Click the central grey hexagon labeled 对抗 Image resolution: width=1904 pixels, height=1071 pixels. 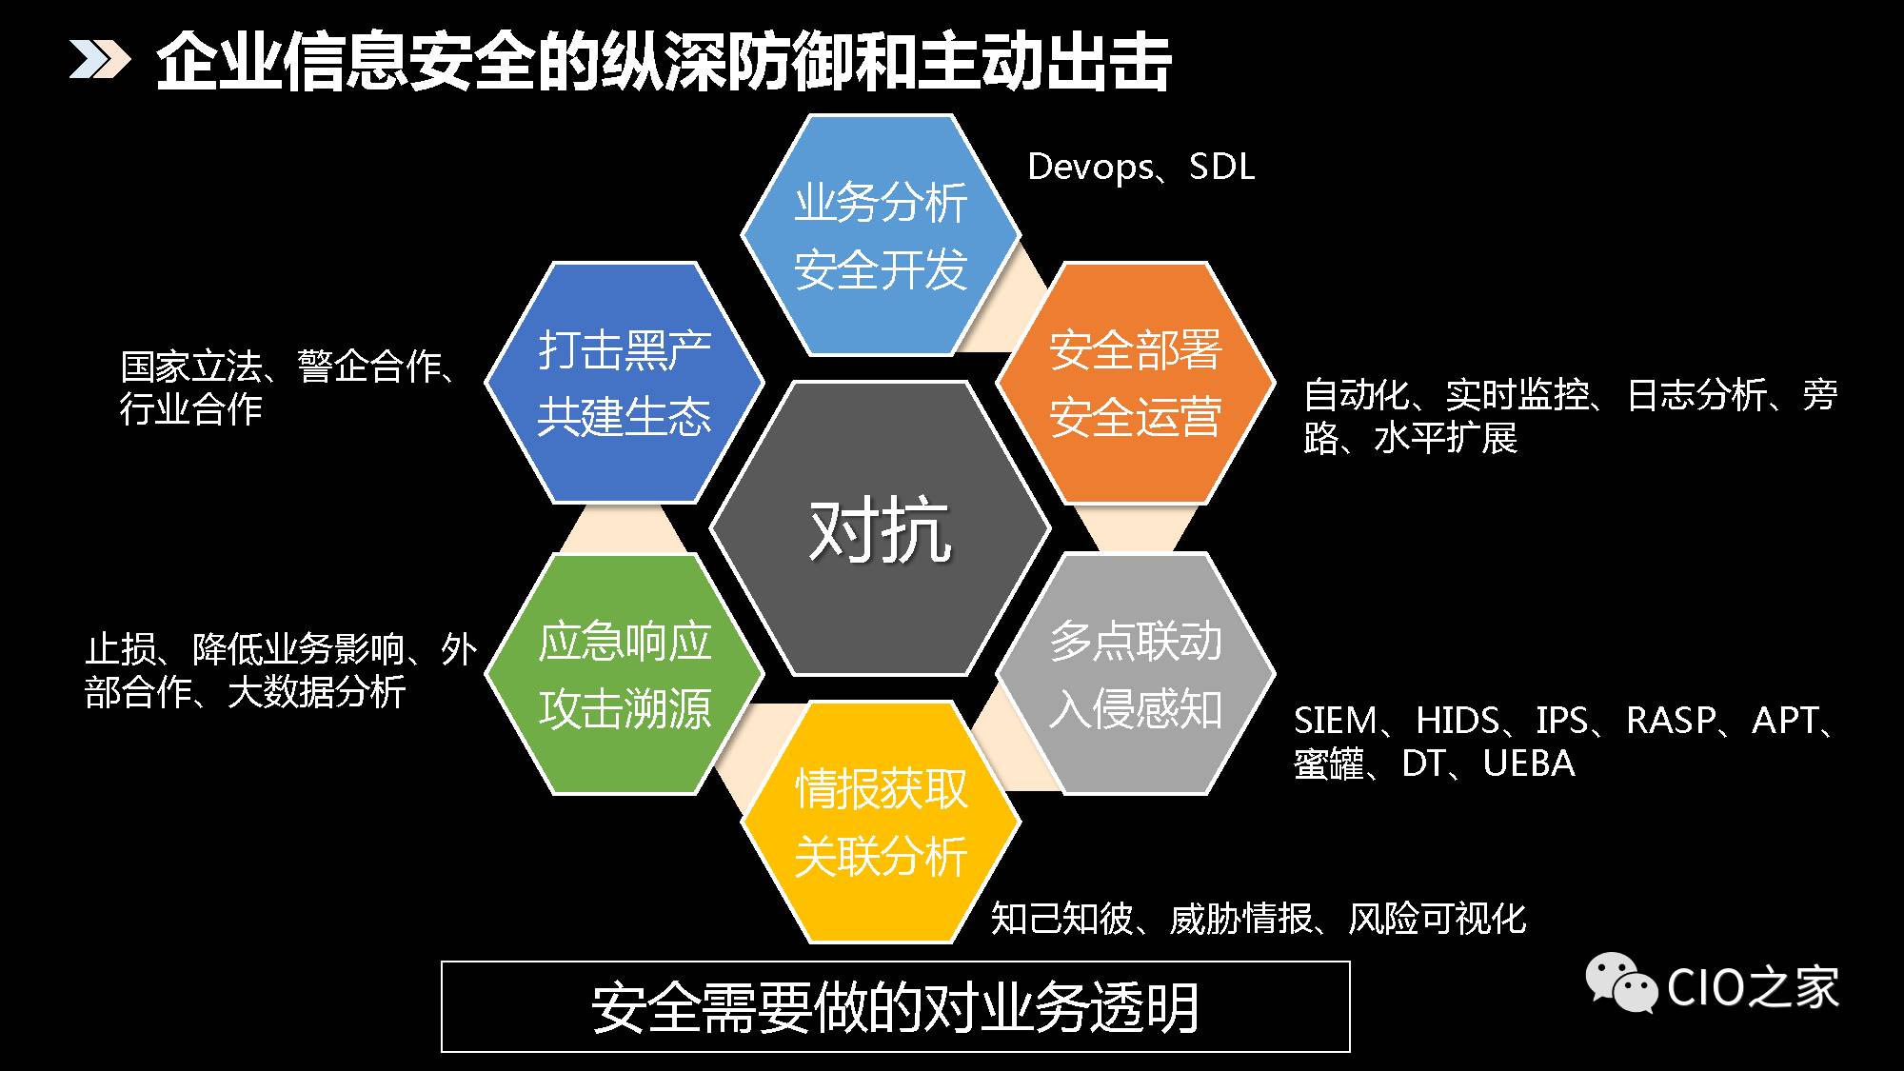tap(881, 528)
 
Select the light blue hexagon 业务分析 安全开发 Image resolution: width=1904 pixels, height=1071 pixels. tap(881, 235)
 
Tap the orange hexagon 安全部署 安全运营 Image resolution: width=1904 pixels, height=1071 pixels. tap(1135, 383)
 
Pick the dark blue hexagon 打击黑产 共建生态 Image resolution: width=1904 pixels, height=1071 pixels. tap(625, 383)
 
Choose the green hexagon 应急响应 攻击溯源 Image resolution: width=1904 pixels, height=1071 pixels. tap(625, 674)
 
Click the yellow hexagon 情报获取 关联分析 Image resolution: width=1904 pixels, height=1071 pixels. tap(881, 823)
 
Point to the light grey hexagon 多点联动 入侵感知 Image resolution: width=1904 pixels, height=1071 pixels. tap(1135, 674)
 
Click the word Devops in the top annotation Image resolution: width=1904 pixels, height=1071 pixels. tap(1091, 168)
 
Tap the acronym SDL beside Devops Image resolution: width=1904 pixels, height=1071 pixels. tap(1222, 167)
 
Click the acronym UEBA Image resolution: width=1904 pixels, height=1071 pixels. tap(1529, 764)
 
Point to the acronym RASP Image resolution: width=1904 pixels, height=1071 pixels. tap(1671, 721)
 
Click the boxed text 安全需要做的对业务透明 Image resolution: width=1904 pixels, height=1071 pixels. tap(895, 1007)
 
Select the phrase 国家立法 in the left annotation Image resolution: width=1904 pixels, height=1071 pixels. tap(191, 367)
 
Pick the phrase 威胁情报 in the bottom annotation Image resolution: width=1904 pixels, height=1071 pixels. tap(1240, 919)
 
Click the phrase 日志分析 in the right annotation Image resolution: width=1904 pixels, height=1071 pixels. tap(1696, 395)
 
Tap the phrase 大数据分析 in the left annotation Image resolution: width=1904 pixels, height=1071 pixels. tap(316, 692)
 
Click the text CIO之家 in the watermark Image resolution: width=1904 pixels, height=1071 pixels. tap(1753, 986)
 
